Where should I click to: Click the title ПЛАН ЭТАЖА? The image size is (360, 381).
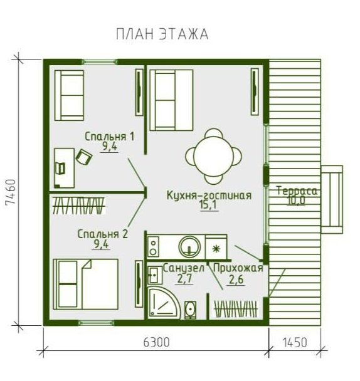pyautogui.click(x=162, y=34)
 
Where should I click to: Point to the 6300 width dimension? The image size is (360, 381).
pyautogui.click(x=156, y=343)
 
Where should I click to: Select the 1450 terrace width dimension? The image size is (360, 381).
pyautogui.click(x=295, y=343)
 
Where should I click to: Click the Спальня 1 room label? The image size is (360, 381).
pyautogui.click(x=110, y=137)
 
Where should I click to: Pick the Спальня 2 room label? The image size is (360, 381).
pyautogui.click(x=102, y=234)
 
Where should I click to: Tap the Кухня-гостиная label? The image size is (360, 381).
pyautogui.click(x=209, y=196)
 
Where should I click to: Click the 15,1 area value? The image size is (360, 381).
pyautogui.click(x=209, y=206)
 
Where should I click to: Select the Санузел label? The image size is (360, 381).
pyautogui.click(x=184, y=268)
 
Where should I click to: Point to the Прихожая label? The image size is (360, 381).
pyautogui.click(x=238, y=268)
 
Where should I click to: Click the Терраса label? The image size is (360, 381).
pyautogui.click(x=297, y=191)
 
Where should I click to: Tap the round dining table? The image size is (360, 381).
pyautogui.click(x=214, y=156)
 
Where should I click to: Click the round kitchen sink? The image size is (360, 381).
pyautogui.click(x=189, y=246)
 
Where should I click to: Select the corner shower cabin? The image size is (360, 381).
pyautogui.click(x=164, y=303)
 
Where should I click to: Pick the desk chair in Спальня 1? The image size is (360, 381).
pyautogui.click(x=84, y=157)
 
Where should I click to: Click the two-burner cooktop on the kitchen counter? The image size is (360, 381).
pyautogui.click(x=153, y=247)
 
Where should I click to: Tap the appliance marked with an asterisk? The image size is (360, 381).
pyautogui.click(x=216, y=249)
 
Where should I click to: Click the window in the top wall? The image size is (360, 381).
pyautogui.click(x=100, y=62)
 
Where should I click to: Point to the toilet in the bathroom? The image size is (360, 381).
pyautogui.click(x=190, y=310)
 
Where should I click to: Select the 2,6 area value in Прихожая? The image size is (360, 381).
pyautogui.click(x=236, y=279)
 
